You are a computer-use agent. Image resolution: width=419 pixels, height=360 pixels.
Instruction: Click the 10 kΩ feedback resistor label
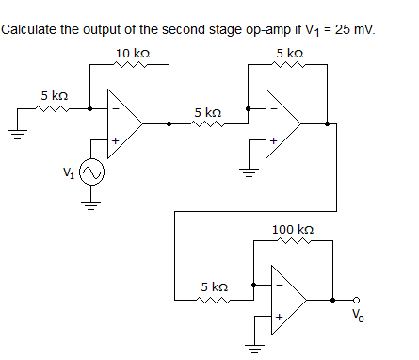point(130,51)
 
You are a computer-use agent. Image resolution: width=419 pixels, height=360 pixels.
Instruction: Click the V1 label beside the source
point(67,172)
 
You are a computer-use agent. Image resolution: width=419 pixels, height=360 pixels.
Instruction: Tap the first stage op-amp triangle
point(123,123)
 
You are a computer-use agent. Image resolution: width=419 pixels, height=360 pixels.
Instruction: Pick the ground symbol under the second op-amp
point(250,173)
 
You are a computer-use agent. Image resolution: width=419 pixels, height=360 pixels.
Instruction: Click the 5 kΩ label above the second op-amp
point(290,51)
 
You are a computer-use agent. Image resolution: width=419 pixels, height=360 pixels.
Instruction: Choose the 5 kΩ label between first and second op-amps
point(207,112)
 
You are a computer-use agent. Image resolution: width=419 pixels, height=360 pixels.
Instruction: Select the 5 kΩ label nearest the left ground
point(54,95)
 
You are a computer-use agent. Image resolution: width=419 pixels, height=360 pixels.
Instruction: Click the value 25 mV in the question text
point(354,29)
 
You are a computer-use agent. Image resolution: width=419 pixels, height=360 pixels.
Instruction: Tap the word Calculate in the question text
point(29,29)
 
